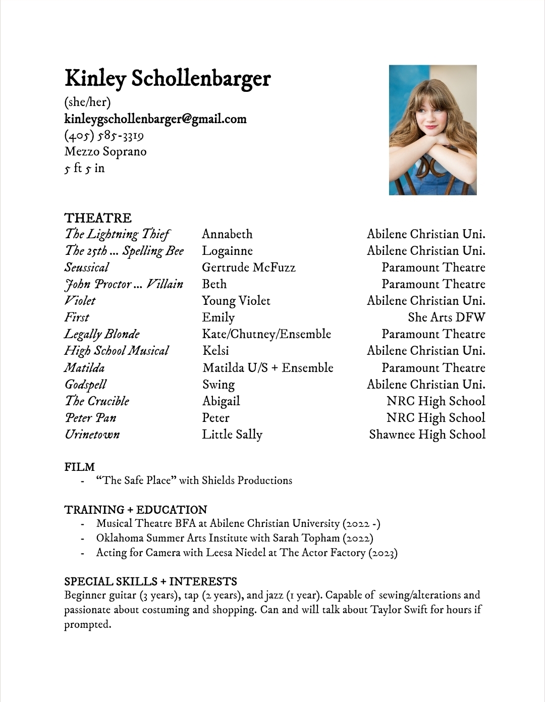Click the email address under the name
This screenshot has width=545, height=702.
(155, 119)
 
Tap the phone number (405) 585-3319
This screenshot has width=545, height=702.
(104, 135)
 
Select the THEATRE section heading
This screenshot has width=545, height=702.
(98, 218)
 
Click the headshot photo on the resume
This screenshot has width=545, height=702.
(432, 130)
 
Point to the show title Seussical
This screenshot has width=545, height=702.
(87, 267)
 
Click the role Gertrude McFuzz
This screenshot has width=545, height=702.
(248, 267)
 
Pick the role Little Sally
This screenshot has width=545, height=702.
(232, 435)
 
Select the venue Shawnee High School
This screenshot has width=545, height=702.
(427, 435)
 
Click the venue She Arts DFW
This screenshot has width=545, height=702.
(446, 317)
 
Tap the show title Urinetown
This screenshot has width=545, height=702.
(92, 435)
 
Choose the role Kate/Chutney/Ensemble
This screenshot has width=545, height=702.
(266, 334)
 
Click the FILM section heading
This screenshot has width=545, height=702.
(79, 467)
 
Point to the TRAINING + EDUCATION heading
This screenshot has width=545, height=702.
(136, 510)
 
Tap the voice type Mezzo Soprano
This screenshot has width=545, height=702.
(105, 151)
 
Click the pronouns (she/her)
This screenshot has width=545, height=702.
(87, 102)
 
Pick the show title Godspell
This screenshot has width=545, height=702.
(86, 385)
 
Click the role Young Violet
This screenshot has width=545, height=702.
(236, 301)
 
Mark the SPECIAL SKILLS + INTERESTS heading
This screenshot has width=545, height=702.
(150, 581)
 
